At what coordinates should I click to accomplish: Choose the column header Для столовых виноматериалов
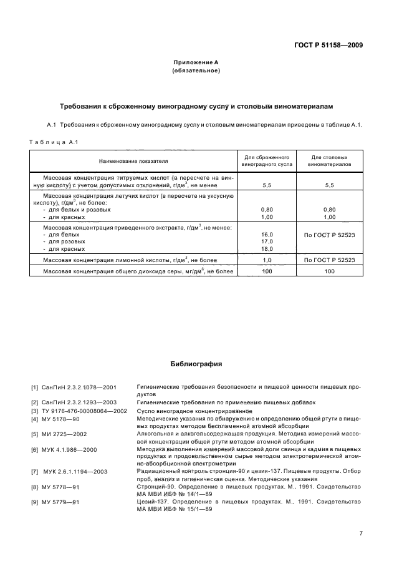(329, 161)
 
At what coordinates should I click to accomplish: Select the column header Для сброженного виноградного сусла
(267, 161)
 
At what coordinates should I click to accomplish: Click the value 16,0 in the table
(267, 234)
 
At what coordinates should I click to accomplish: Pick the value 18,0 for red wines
(267, 248)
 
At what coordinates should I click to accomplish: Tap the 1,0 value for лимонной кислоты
(267, 260)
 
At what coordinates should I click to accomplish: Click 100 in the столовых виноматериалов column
(329, 271)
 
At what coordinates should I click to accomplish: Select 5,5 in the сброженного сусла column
(267, 185)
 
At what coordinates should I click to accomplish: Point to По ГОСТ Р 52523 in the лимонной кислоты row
(329, 260)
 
